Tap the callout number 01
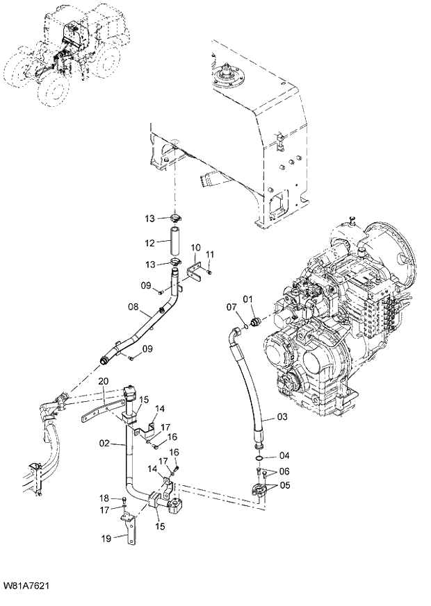[x=247, y=300]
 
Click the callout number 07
[x=231, y=307]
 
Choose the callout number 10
[x=196, y=247]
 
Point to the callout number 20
[x=103, y=381]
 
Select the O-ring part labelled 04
[x=258, y=458]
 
